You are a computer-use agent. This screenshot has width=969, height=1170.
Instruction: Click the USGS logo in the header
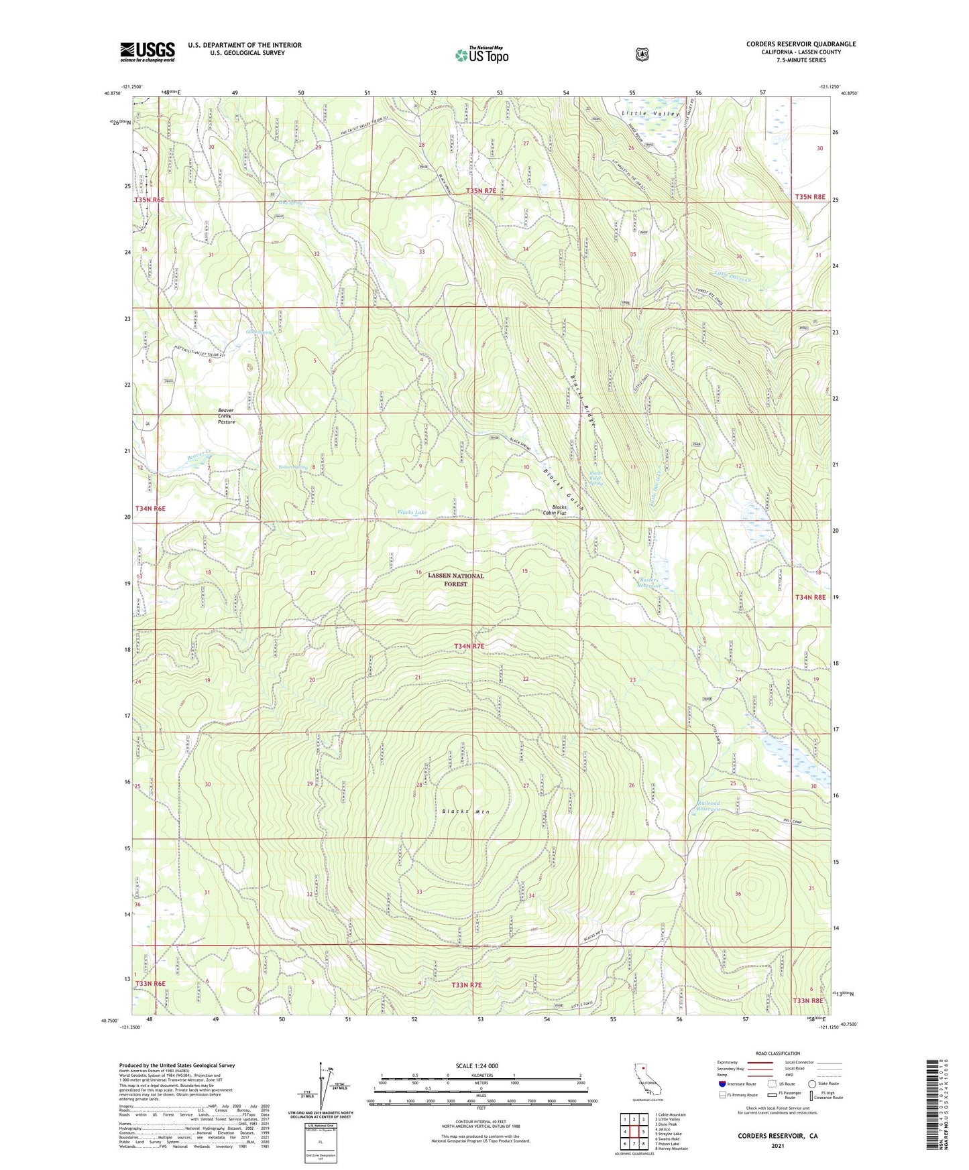pos(148,52)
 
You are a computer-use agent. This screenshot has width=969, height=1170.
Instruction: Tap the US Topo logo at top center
pos(481,55)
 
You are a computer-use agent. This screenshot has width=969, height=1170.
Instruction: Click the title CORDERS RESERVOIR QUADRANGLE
pos(801,44)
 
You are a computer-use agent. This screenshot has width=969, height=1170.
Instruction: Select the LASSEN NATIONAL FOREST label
pos(456,580)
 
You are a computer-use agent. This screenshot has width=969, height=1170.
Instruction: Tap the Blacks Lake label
pos(412,512)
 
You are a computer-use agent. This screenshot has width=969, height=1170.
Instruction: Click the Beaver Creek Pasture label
pos(227,416)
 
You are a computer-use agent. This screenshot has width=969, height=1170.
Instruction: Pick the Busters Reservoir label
pos(650,582)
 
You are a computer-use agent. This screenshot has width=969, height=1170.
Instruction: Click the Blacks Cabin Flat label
pos(559,511)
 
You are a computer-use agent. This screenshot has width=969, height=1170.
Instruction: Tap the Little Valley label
pos(650,114)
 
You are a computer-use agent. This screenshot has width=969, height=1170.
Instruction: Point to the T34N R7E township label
pos(478,646)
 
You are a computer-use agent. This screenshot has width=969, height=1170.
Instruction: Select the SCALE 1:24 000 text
pos(477,1065)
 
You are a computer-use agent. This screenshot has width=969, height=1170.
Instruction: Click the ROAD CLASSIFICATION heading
pos(777,1053)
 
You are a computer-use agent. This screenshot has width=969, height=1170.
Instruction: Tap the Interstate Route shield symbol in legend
pos(722,1084)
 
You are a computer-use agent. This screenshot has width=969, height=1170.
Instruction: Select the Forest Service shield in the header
pos(642,54)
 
